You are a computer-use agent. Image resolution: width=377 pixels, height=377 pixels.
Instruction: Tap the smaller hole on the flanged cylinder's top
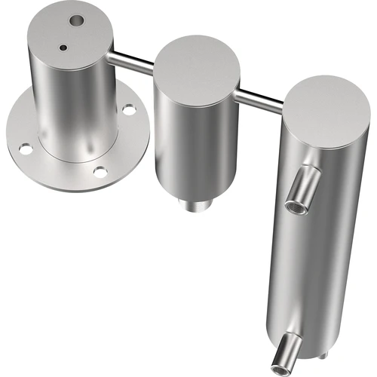(64, 48)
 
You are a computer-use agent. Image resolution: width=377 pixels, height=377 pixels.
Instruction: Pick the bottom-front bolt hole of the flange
(100, 173)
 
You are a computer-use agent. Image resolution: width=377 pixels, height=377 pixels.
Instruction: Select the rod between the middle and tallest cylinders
(260, 96)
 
